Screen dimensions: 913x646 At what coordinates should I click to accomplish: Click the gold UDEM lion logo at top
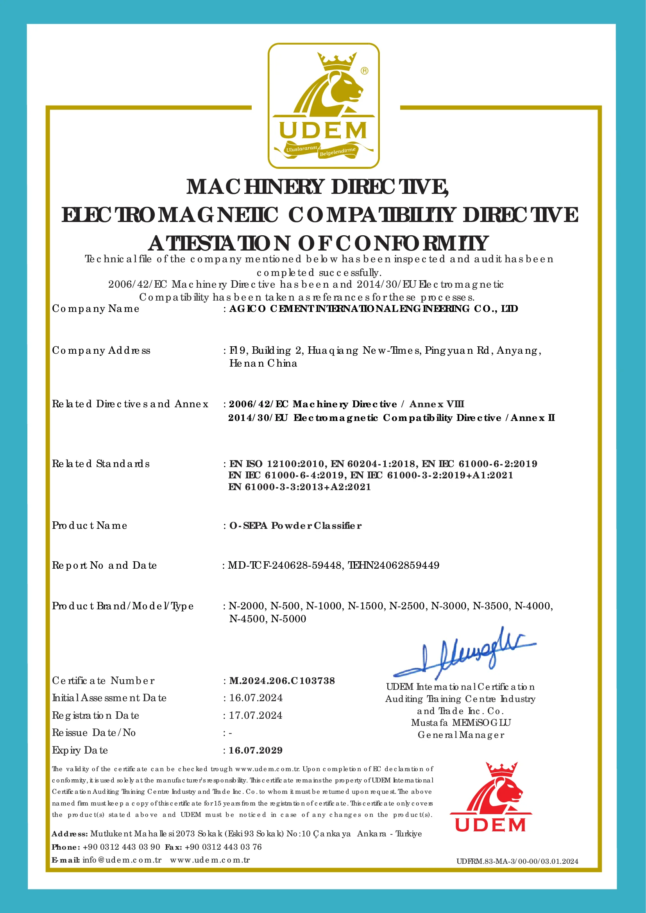click(x=324, y=106)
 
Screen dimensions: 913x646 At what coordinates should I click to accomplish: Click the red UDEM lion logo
click(x=490, y=797)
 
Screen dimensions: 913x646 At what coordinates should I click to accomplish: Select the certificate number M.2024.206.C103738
click(x=282, y=681)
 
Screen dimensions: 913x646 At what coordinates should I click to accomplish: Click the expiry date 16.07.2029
click(x=256, y=750)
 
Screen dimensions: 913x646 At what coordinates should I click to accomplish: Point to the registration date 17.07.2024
click(x=256, y=715)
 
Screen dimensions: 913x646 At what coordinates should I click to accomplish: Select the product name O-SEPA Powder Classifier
click(x=295, y=526)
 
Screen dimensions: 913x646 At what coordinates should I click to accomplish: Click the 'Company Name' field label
click(x=95, y=309)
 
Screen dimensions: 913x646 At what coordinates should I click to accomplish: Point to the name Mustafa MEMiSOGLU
click(x=461, y=722)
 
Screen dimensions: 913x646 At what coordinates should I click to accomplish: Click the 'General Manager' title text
click(x=461, y=735)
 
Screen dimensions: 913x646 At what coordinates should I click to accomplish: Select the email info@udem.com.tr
click(x=122, y=860)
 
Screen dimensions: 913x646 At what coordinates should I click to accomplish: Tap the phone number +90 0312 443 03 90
click(x=121, y=847)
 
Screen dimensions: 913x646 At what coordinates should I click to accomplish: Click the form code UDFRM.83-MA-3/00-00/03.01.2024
click(x=517, y=861)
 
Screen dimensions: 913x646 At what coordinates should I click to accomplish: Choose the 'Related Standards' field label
click(x=101, y=464)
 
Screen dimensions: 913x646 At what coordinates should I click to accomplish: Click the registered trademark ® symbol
click(x=364, y=71)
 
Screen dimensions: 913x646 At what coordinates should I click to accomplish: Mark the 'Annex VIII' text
click(x=437, y=404)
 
